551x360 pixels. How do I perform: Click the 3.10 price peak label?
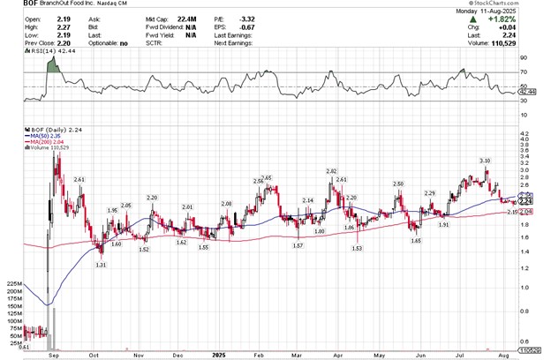pyautogui.click(x=485, y=161)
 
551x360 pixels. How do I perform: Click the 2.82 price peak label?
pyautogui.click(x=332, y=170)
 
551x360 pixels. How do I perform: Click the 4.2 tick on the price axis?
pyautogui.click(x=525, y=134)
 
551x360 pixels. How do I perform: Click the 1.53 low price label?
pyautogui.click(x=357, y=249)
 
